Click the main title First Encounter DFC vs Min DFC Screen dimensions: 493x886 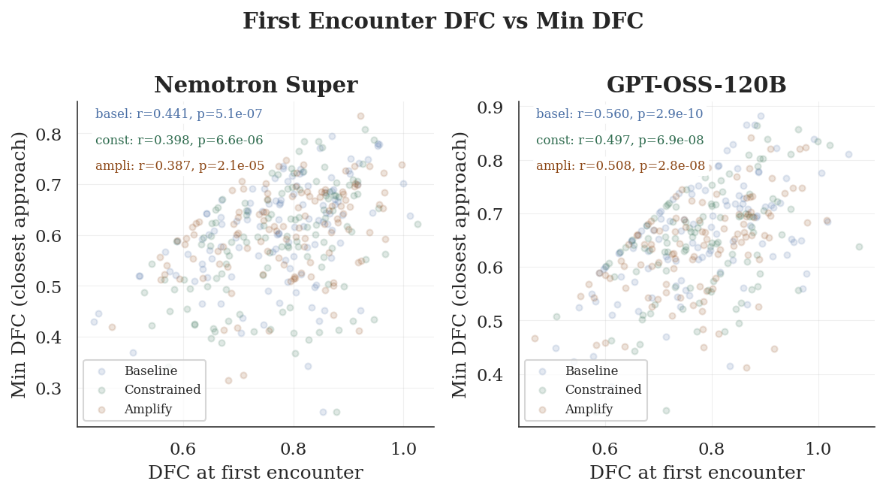(x=443, y=22)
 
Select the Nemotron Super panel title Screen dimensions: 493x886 (x=255, y=86)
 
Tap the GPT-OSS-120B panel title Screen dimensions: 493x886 (x=696, y=86)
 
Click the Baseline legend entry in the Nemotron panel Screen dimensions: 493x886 (x=150, y=371)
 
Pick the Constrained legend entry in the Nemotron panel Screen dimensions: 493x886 (x=162, y=390)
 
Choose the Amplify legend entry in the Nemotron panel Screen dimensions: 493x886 (x=148, y=410)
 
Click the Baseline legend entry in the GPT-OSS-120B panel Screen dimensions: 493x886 (x=591, y=371)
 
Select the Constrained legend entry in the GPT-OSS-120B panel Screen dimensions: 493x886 (x=603, y=390)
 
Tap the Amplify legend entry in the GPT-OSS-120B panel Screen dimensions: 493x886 (x=589, y=410)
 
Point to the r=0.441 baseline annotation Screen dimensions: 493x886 (x=179, y=114)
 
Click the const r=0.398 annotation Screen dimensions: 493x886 (x=179, y=140)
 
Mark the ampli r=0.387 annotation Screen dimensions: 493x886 (x=179, y=166)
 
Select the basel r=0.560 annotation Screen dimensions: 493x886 (x=620, y=114)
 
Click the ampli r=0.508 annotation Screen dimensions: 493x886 (x=620, y=166)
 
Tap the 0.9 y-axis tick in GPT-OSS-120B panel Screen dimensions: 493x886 (x=493, y=107)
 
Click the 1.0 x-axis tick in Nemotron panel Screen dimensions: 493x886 (x=403, y=449)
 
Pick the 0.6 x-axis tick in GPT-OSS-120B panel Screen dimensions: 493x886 (x=605, y=449)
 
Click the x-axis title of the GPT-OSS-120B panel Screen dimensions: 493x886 (x=696, y=473)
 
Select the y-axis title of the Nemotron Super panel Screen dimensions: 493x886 (x=20, y=264)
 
